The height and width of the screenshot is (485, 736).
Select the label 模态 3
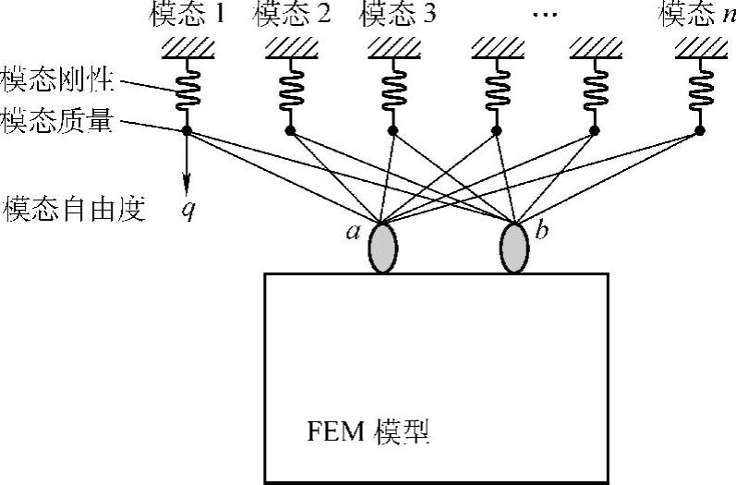tap(396, 15)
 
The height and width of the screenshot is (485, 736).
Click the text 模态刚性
tap(58, 80)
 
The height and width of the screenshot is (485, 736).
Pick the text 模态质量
tap(58, 121)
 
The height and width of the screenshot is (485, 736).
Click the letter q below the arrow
tap(188, 210)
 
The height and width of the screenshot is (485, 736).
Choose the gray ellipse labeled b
tap(513, 247)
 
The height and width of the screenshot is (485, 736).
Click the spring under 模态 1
tap(187, 89)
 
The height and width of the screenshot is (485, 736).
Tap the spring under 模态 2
tap(290, 89)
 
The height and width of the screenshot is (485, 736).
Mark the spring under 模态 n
tap(699, 89)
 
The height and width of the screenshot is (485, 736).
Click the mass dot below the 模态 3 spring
tap(393, 131)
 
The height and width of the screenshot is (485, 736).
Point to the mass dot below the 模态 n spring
tap(699, 131)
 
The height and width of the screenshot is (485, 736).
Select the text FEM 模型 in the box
tap(370, 430)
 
